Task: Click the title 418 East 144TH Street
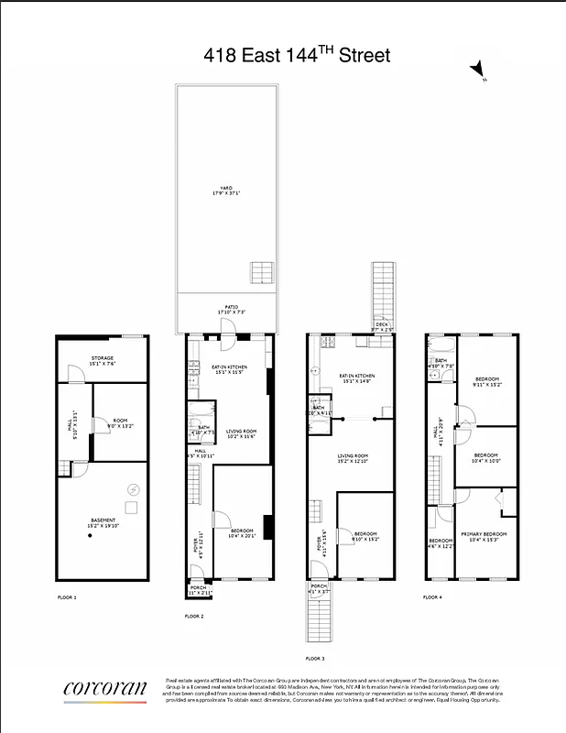297,56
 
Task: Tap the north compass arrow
477,70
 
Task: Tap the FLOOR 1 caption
68,596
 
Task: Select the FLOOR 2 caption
194,616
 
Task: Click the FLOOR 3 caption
316,658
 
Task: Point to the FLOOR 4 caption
433,596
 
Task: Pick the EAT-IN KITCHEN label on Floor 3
357,377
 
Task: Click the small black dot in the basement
91,537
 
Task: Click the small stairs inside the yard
260,272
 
